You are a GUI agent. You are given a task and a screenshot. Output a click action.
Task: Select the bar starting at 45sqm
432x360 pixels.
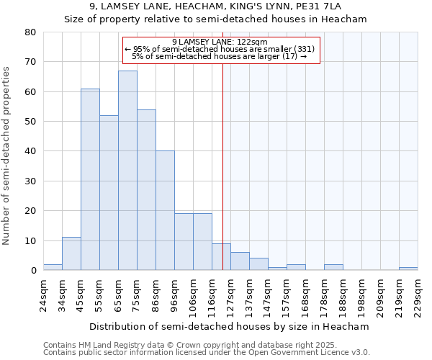tap(90, 179)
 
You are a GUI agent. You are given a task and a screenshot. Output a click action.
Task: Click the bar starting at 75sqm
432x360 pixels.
tap(146, 190)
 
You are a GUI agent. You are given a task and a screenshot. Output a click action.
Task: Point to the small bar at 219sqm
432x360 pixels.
tap(408, 269)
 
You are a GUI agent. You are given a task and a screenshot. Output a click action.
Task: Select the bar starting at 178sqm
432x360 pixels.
tap(333, 267)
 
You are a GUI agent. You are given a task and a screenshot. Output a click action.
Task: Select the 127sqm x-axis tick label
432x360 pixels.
tap(230, 295)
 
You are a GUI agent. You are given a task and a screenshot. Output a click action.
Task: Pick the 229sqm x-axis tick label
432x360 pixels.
tap(418, 295)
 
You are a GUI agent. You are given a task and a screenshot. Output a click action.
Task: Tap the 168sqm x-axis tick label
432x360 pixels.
tap(305, 295)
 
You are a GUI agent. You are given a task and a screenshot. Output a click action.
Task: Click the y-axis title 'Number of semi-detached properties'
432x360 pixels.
tap(7, 156)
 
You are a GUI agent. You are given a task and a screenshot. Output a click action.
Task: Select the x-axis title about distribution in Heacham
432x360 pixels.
tap(230, 326)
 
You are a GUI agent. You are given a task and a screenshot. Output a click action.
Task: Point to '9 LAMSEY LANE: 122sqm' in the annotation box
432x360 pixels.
tap(220, 42)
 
